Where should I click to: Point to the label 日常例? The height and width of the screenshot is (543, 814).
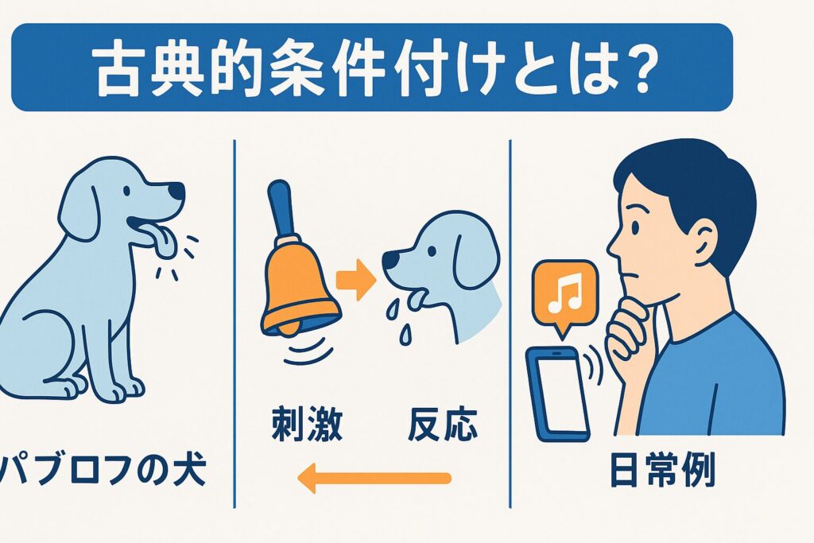[x=662, y=470]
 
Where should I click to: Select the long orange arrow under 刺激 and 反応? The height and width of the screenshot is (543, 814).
[x=374, y=478]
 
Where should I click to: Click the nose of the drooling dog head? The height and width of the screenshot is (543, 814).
[x=390, y=259]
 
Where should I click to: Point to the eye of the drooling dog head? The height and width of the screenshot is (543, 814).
[x=432, y=250]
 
